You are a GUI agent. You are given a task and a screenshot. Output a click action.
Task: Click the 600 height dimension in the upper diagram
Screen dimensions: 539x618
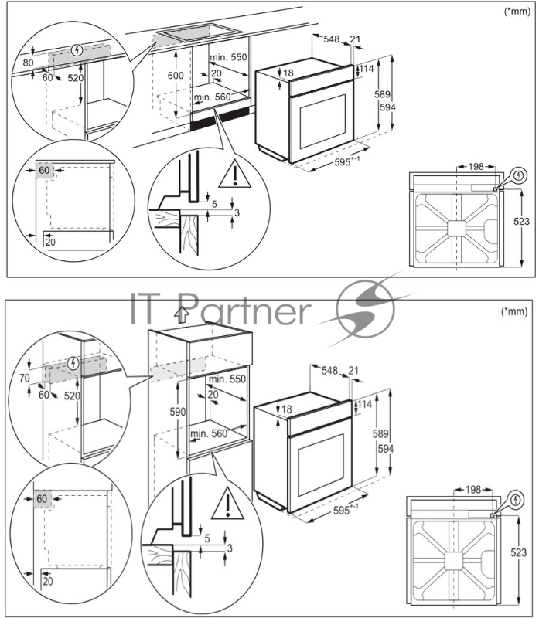176,75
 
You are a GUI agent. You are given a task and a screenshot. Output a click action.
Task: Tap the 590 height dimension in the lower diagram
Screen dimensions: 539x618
178,412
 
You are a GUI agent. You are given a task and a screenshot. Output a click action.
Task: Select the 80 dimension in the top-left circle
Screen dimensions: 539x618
28,63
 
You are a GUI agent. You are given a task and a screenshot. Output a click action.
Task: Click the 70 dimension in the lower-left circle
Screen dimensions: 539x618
25,378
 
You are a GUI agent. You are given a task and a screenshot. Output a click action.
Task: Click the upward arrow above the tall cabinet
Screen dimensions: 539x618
182,315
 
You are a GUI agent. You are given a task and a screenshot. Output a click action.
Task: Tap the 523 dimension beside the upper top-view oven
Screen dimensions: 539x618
521,222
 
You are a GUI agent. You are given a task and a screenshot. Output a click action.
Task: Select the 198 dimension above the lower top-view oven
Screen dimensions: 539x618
473,490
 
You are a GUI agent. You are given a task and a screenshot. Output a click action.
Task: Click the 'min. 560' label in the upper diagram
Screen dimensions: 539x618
212,97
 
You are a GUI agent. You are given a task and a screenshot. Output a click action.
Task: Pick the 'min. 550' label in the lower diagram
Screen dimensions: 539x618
227,379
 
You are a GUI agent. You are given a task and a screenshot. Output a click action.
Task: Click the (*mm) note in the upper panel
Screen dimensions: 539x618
517,11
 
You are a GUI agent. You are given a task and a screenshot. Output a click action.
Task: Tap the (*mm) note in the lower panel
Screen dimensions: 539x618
514,311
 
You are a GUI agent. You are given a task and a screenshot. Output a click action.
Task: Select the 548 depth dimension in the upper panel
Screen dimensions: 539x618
332,39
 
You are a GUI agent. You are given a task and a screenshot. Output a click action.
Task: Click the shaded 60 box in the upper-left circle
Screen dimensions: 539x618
44,170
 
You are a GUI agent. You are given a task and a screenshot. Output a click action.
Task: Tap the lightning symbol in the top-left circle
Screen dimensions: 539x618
78,50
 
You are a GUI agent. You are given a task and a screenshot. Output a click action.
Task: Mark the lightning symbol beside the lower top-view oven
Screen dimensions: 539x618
515,500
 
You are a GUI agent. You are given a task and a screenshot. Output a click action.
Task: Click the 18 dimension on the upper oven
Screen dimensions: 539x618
288,73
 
